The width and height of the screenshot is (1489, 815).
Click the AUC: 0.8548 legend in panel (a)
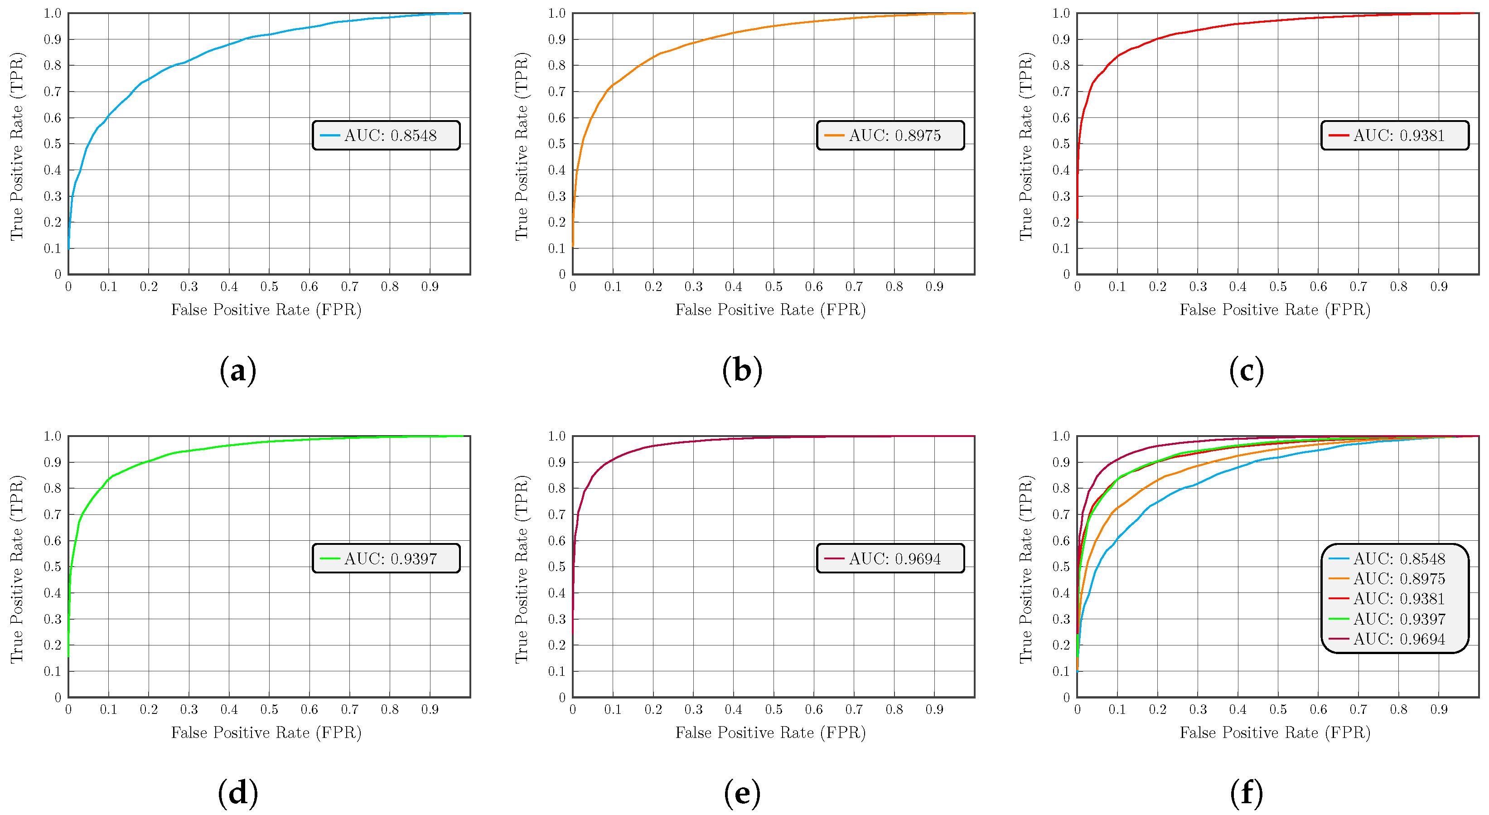coord(386,135)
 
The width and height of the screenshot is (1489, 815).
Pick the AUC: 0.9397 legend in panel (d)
coord(386,558)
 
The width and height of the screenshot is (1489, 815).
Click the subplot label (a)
coord(237,370)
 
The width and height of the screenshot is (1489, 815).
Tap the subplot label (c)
coord(1246,370)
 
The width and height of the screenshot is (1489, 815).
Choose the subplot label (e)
coord(742,793)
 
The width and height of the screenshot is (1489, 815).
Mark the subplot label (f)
coord(1246,793)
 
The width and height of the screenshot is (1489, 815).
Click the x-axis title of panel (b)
coord(770,310)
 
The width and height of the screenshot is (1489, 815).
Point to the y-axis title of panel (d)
coord(17,569)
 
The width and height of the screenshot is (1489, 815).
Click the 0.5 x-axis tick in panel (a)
coord(269,286)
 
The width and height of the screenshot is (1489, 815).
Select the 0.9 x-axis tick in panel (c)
coord(1439,286)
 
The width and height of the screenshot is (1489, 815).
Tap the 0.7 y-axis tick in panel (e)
coord(556,514)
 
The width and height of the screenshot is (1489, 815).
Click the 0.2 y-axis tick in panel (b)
coord(556,222)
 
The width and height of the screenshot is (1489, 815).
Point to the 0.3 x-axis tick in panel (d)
coord(189,710)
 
